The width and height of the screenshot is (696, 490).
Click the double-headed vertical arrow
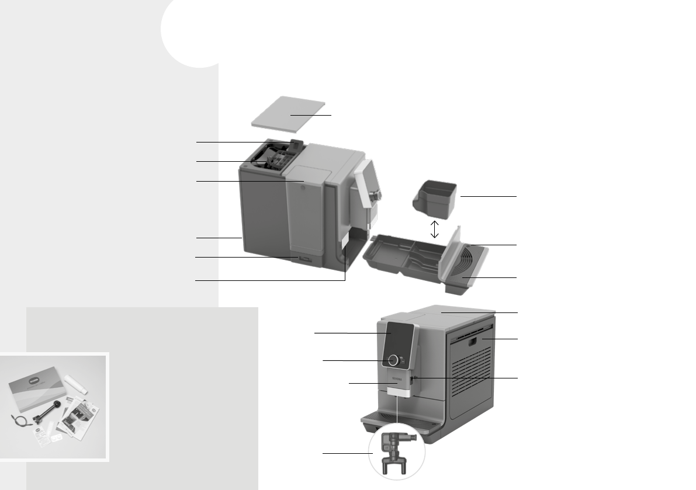[x=434, y=228]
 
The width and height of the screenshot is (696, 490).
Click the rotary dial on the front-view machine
[x=393, y=360]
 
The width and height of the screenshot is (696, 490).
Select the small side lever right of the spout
[x=413, y=380]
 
